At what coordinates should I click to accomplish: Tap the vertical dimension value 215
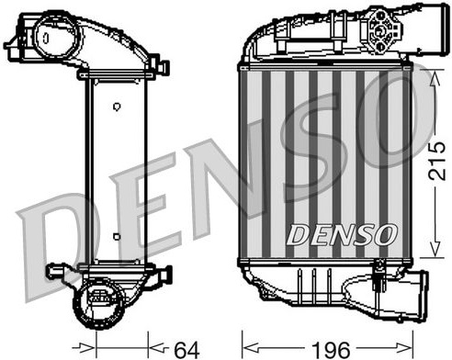point(436,161)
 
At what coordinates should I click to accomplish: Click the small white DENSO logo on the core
point(341,235)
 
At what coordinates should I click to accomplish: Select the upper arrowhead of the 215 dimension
point(435,80)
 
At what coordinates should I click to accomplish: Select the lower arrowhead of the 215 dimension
point(435,247)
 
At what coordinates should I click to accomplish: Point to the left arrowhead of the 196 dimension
point(252,348)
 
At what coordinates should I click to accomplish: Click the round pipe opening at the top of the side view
point(56,36)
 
